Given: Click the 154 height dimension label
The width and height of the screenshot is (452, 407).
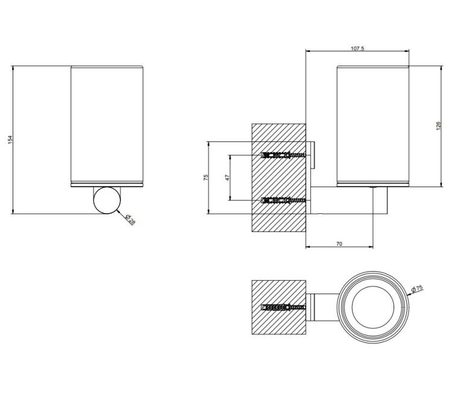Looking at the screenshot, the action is (x=10, y=140).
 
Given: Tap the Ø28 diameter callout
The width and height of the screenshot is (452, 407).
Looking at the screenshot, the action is (x=131, y=220).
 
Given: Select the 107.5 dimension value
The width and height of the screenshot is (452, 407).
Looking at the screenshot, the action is (x=357, y=48).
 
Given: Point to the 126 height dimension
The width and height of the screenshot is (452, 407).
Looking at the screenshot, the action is (x=439, y=126).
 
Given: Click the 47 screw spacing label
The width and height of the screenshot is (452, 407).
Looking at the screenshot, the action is (x=227, y=178).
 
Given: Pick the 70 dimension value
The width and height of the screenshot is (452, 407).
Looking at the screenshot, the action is (x=339, y=244).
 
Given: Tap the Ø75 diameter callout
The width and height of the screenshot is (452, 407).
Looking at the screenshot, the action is (x=417, y=288).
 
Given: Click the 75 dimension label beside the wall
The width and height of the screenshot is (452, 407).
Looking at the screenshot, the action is (x=206, y=178).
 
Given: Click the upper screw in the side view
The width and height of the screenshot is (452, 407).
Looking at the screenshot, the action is (x=283, y=155).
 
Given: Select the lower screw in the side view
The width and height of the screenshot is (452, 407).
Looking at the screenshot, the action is (x=283, y=200).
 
